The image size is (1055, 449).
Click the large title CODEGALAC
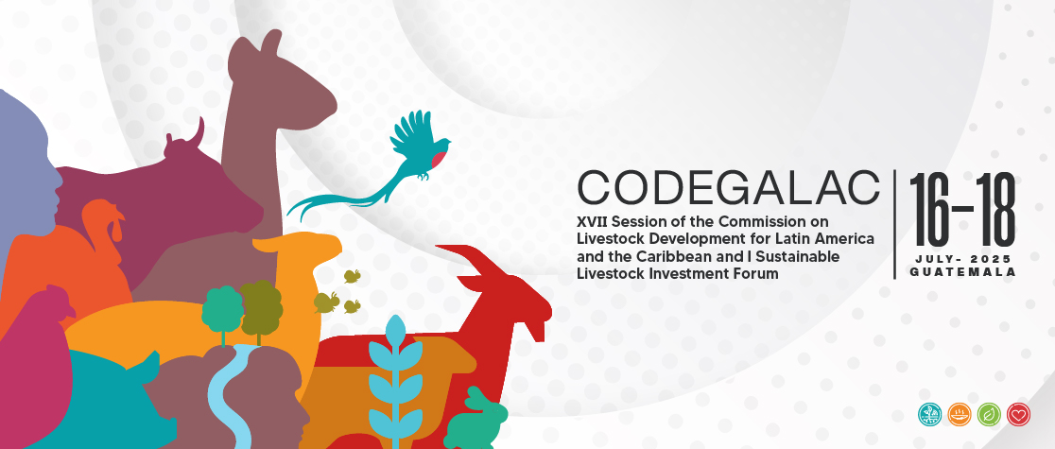(x=729, y=188)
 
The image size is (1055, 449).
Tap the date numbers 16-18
(x=962, y=210)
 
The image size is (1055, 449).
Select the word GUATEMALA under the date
(x=962, y=272)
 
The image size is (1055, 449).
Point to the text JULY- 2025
(x=962, y=259)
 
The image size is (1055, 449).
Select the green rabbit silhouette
(x=477, y=419)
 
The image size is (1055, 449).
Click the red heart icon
(x=1019, y=414)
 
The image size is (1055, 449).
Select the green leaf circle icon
(x=989, y=414)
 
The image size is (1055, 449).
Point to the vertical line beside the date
(x=895, y=224)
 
